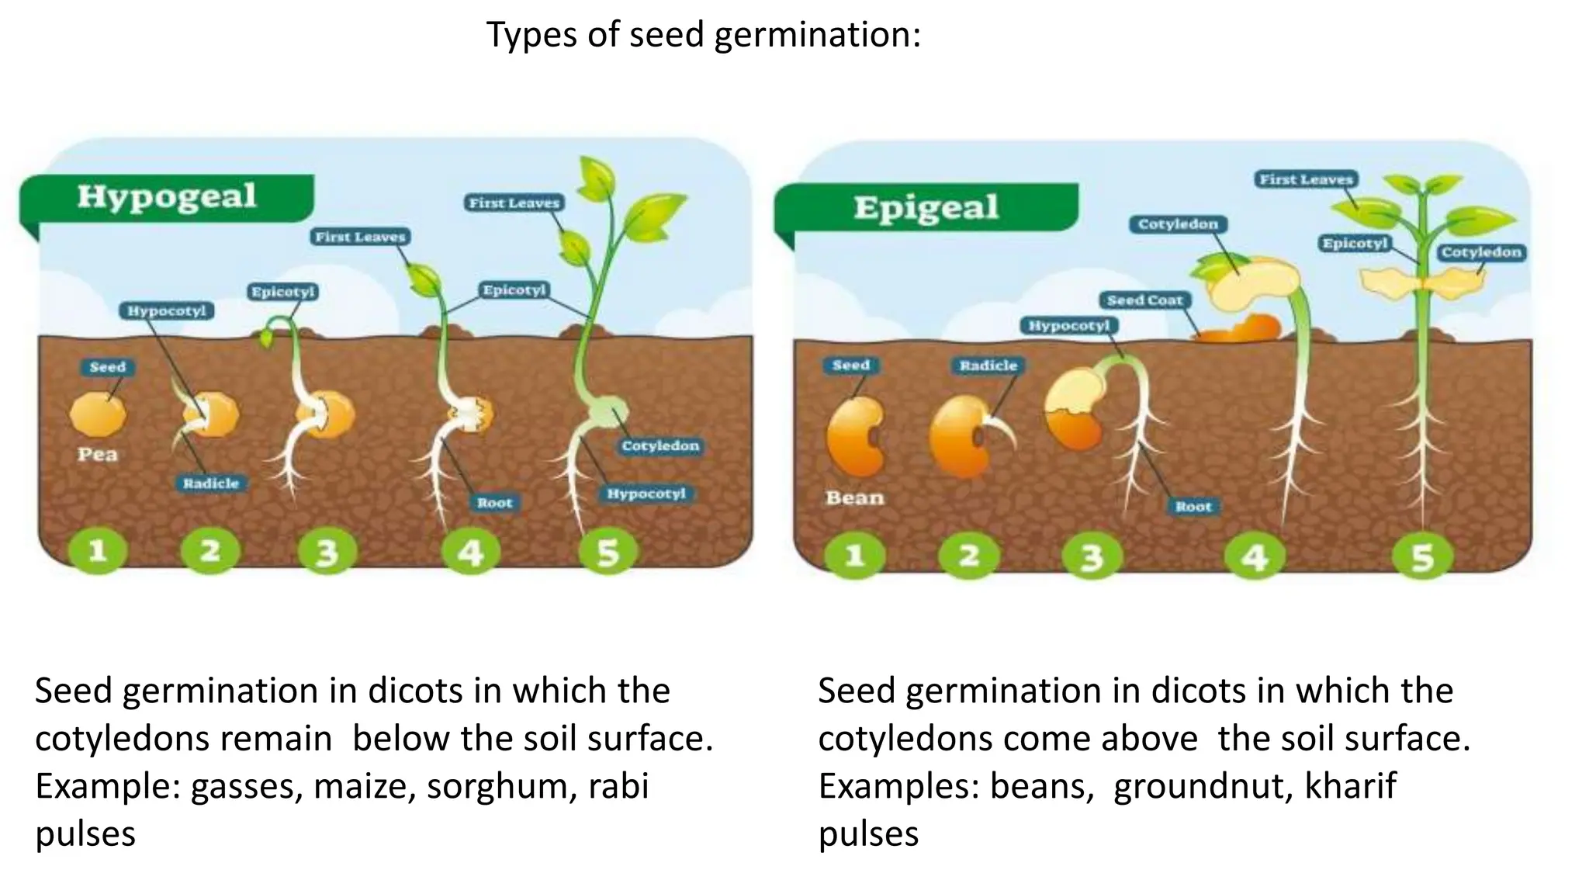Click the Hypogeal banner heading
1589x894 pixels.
coord(166,196)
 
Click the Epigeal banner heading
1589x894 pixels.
coord(926,208)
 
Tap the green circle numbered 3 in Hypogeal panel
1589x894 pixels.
coord(327,552)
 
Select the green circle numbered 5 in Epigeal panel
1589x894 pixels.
coord(1422,556)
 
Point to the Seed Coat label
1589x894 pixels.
coord(1144,300)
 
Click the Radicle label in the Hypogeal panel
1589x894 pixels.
coord(210,483)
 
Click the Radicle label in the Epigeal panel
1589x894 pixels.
coord(988,366)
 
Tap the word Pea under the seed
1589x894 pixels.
coord(97,455)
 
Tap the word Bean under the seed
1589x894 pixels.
coord(854,498)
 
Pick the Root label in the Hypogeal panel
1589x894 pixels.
coord(494,503)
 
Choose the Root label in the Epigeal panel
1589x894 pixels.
coord(1193,507)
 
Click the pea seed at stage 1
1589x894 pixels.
coord(97,414)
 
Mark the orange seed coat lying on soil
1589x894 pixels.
coord(1239,330)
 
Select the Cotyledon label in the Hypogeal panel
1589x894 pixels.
coord(660,446)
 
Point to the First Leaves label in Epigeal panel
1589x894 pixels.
coord(1306,179)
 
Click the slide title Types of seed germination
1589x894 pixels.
coord(703,35)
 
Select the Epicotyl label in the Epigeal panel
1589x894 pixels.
coord(1355,244)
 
